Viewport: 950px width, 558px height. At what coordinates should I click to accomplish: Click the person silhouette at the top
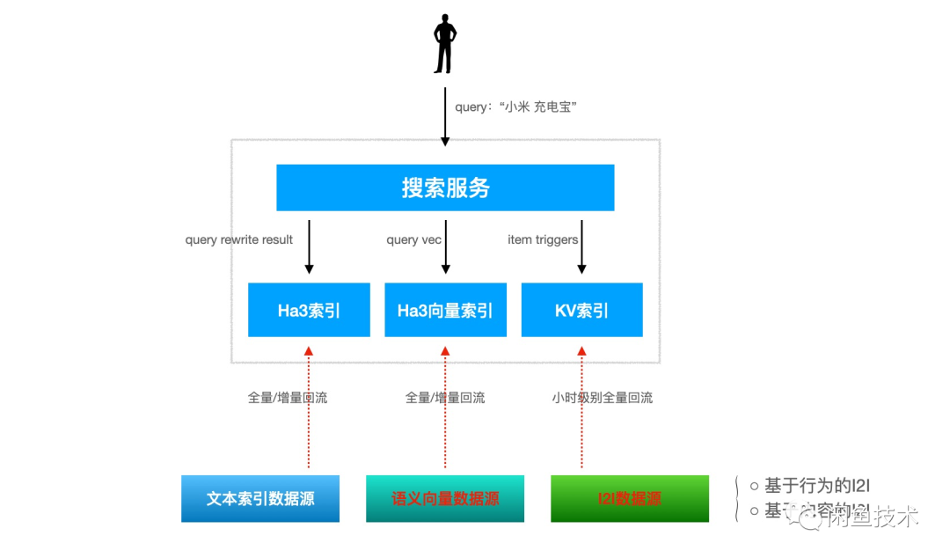tap(445, 43)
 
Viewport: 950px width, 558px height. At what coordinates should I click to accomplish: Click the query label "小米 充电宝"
tap(515, 106)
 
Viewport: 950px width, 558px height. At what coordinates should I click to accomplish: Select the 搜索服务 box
tap(445, 187)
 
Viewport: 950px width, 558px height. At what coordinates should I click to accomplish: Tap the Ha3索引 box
tap(309, 310)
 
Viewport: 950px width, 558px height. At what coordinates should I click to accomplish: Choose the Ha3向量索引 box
tap(445, 310)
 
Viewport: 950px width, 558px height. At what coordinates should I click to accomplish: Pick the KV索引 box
tap(581, 310)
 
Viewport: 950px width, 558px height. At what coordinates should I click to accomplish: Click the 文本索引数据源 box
tap(260, 498)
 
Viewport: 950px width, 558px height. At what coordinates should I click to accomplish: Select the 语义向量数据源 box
tap(445, 498)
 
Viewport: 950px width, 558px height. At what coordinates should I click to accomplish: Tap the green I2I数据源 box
tap(630, 498)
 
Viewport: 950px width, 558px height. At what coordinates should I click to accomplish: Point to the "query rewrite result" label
tap(239, 239)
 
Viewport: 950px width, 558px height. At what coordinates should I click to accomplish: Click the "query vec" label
tap(413, 239)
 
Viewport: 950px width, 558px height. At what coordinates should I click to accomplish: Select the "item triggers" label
tap(543, 239)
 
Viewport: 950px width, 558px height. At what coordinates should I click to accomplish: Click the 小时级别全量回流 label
tap(603, 398)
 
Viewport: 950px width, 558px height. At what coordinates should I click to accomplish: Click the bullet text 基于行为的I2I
tap(816, 486)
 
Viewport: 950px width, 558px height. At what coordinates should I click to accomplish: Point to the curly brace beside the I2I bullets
tap(736, 499)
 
